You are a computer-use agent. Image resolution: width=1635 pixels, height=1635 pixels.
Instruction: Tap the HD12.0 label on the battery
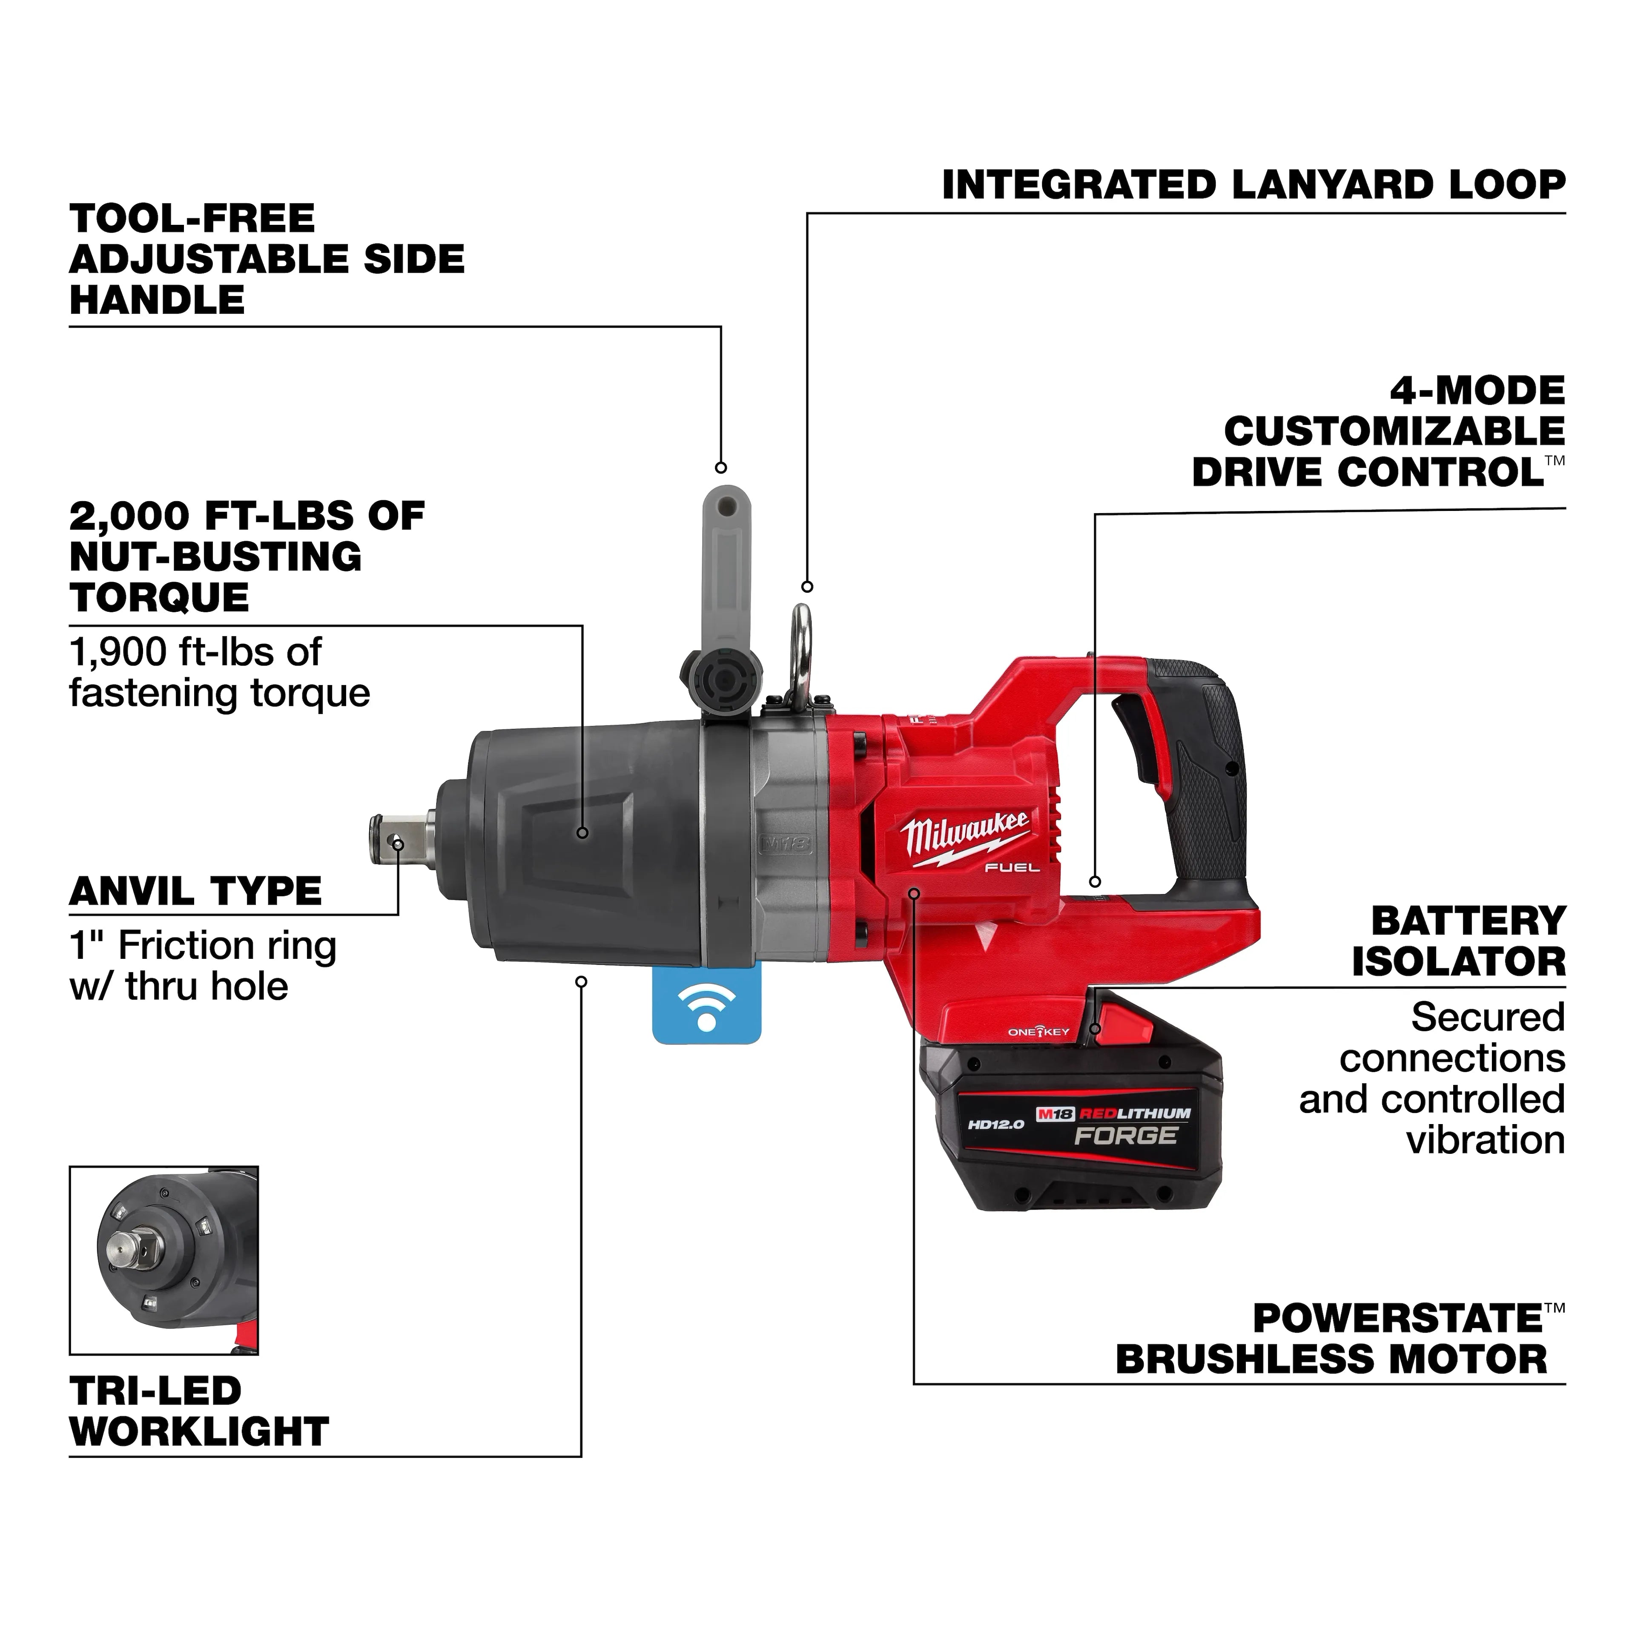pos(996,1124)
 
